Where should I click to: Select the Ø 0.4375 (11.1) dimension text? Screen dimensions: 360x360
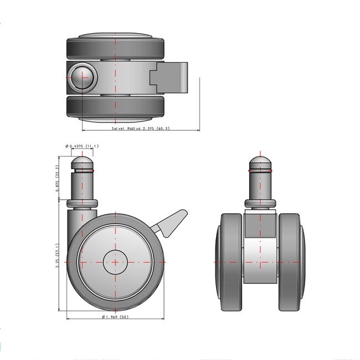tap(82, 146)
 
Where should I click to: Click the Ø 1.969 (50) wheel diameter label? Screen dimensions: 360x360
tap(115, 317)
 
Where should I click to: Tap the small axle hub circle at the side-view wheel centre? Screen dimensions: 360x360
tap(115, 262)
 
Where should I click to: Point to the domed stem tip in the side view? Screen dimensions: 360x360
tap(83, 163)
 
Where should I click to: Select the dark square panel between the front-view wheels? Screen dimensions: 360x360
tap(260, 224)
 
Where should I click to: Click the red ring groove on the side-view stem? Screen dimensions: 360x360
tap(83, 171)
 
